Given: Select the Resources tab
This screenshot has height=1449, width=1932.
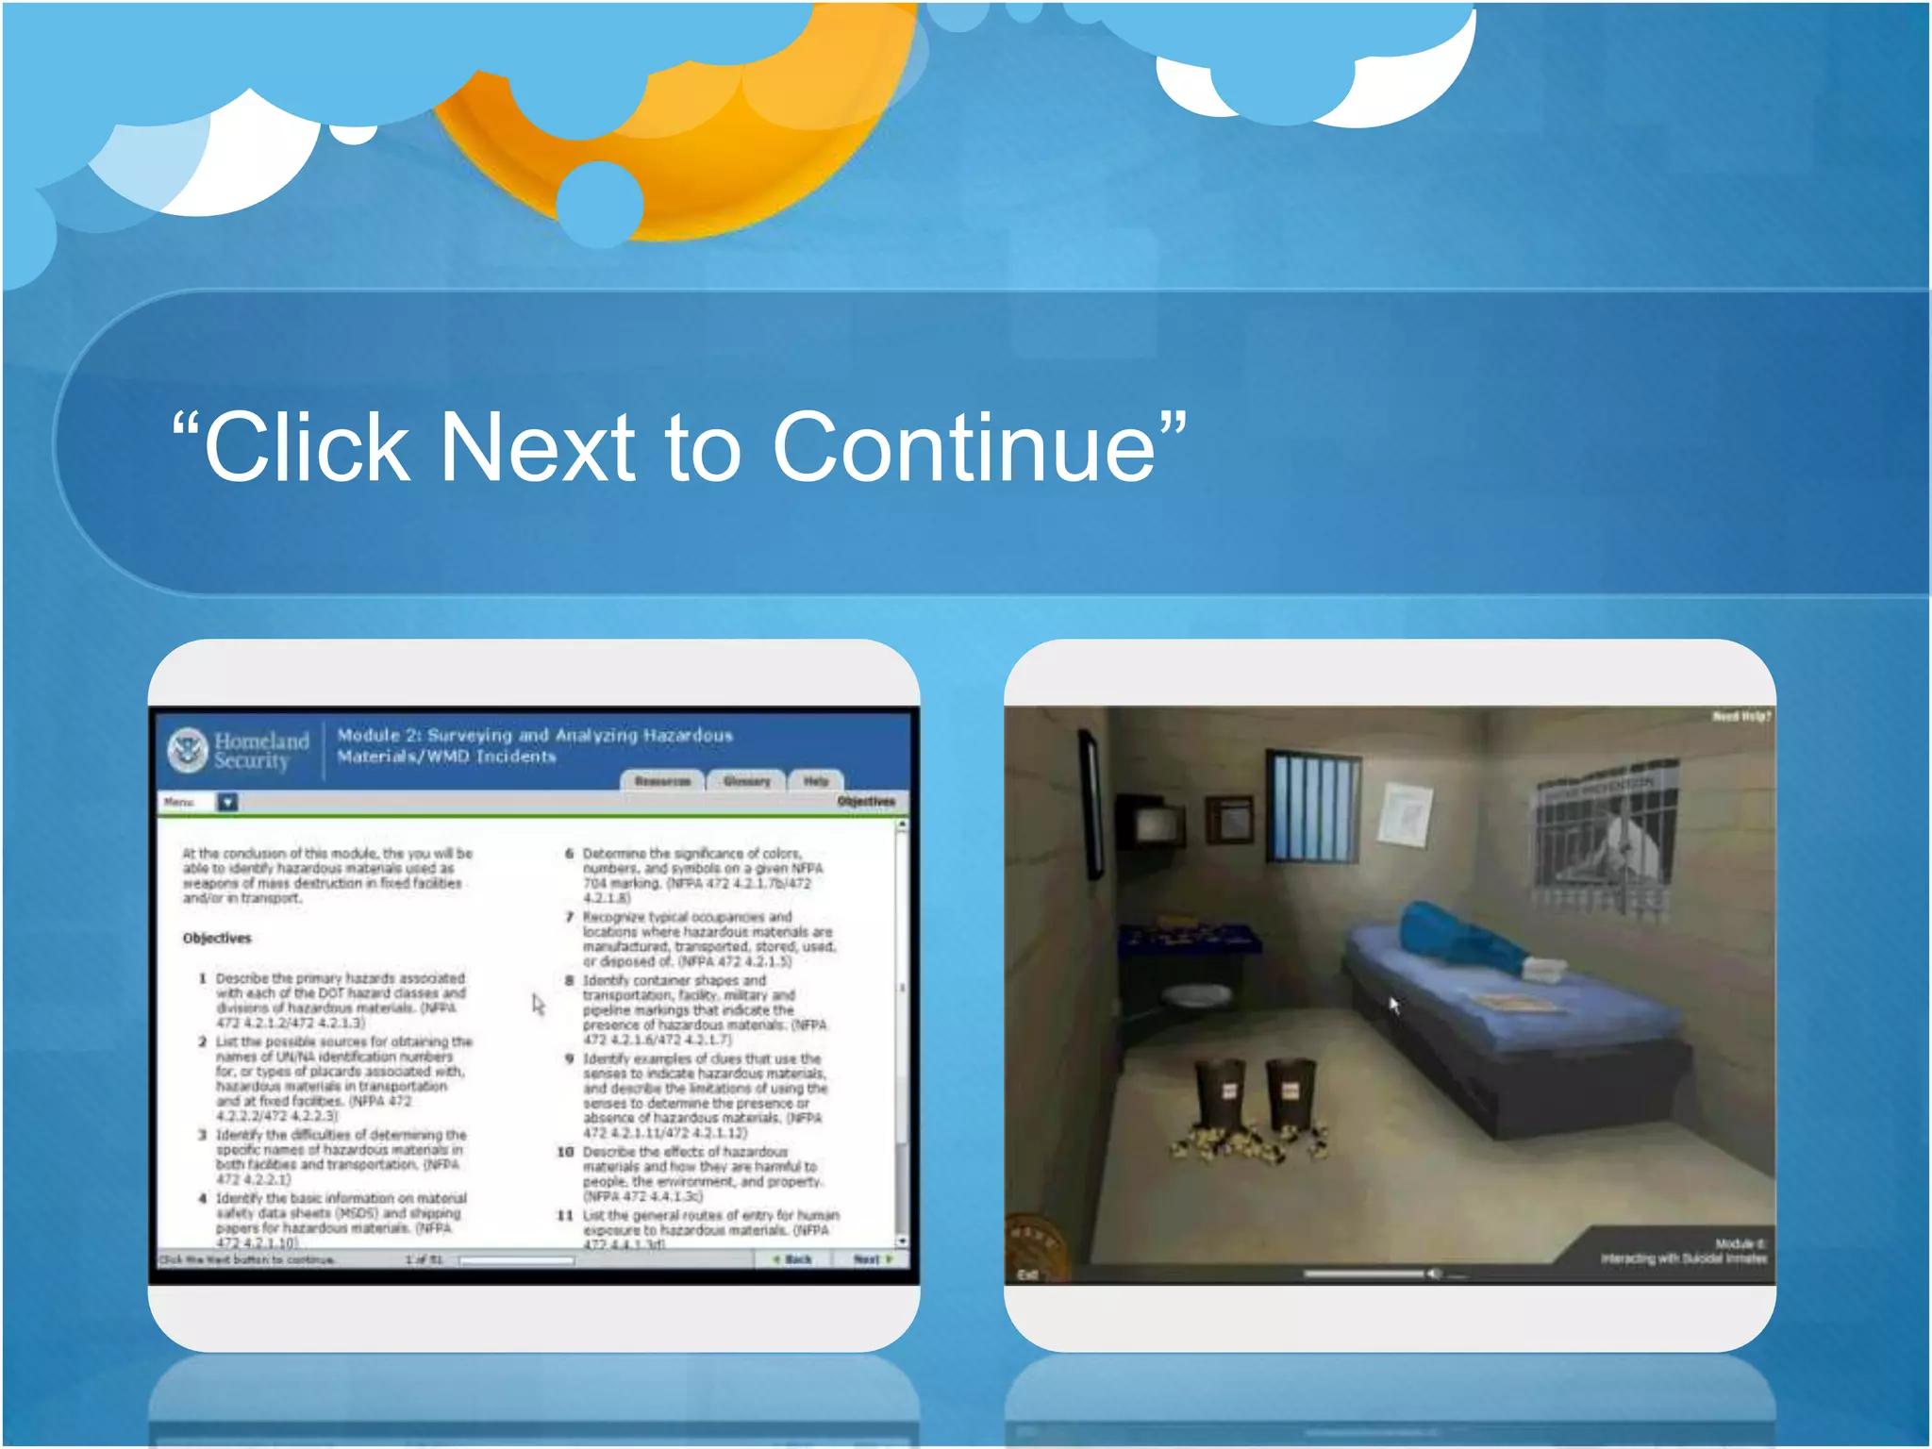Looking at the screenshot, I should (x=662, y=781).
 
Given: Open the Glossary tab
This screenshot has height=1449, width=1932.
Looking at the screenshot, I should (x=746, y=781).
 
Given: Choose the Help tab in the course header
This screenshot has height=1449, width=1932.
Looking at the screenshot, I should (x=816, y=781).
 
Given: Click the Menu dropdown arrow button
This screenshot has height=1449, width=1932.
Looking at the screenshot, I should (x=227, y=802).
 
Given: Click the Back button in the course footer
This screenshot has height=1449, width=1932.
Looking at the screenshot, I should (x=792, y=1259).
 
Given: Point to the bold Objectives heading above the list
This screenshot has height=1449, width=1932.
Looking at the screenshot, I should (x=217, y=938).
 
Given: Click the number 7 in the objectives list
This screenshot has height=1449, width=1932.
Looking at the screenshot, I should (x=569, y=917).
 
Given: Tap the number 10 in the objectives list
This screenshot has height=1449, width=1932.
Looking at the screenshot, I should (x=565, y=1152).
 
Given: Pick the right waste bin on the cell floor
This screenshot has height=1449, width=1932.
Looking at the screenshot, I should (x=1290, y=1094).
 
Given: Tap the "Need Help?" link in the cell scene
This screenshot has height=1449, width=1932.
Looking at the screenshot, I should (x=1741, y=717).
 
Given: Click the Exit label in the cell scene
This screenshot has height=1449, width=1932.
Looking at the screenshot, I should (x=1027, y=1274).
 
